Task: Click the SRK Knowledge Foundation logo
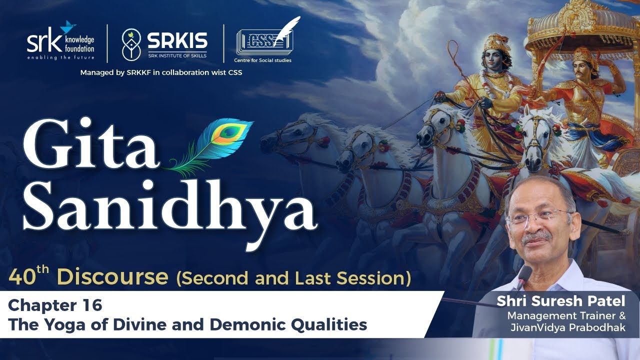click(60, 40)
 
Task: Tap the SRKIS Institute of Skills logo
click(164, 43)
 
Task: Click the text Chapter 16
click(55, 305)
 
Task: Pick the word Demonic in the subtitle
click(240, 325)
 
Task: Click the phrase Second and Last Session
click(293, 278)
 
